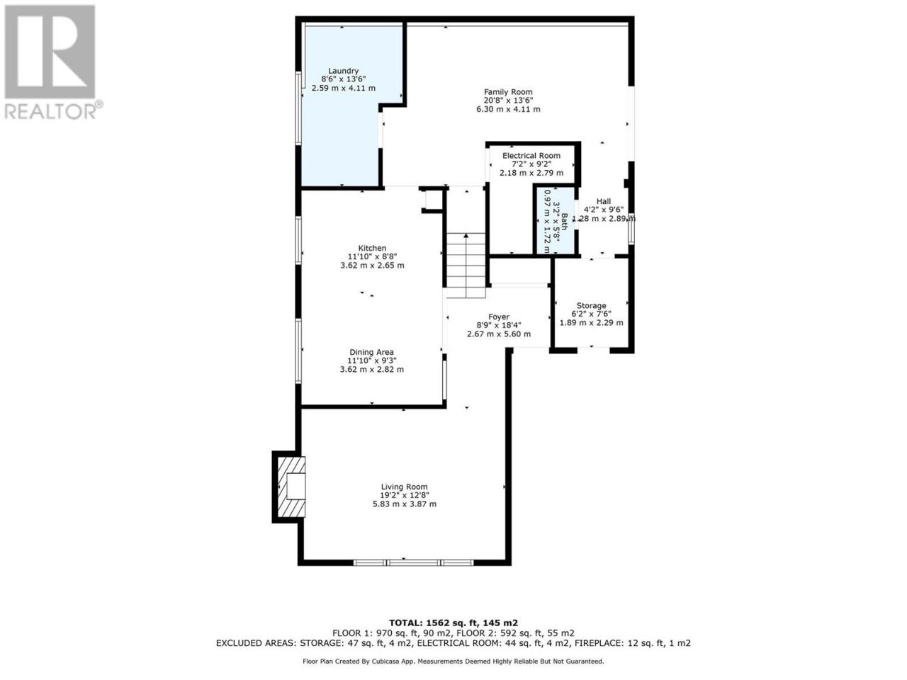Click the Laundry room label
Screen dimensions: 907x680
343,71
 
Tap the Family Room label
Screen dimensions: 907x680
508,92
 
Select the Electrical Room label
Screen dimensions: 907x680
531,156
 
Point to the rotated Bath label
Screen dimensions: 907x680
563,221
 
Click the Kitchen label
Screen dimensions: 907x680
372,248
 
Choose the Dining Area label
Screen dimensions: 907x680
371,352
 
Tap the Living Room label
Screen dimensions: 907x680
404,487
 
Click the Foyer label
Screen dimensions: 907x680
498,317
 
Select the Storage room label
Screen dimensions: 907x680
591,305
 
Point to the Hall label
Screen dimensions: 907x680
603,201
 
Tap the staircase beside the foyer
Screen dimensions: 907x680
466,265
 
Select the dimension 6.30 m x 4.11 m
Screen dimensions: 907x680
508,109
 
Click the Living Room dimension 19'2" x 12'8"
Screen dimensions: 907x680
405,495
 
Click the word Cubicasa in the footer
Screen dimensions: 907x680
383,662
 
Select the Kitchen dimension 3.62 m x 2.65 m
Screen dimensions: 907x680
372,266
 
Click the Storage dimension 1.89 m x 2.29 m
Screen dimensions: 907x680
591,323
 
